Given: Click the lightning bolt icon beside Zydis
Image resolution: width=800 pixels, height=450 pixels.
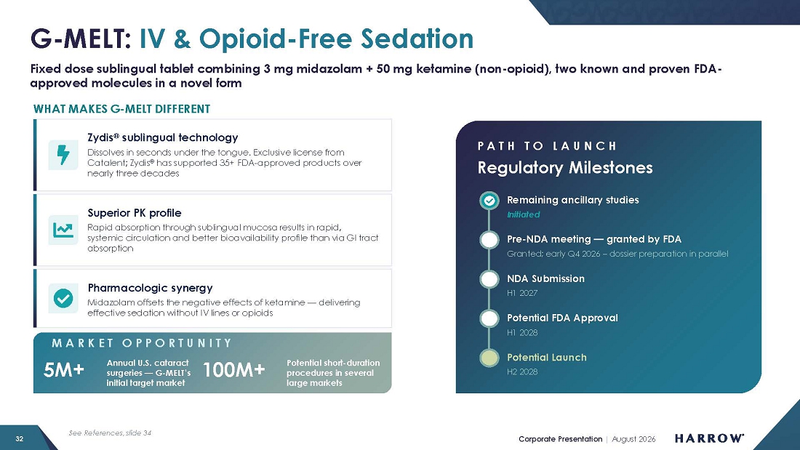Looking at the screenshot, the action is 63,155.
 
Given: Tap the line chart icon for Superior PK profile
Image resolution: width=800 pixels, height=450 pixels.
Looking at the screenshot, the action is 63,230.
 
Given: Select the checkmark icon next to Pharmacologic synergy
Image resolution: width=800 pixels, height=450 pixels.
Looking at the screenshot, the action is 63,298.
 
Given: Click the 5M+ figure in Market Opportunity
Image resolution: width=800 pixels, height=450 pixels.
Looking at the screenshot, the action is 64,370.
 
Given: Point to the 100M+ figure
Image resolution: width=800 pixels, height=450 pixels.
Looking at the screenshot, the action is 233,370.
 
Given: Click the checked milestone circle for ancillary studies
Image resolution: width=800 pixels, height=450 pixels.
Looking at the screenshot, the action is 489,201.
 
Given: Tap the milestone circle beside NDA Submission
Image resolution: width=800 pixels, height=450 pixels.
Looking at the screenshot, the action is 489,279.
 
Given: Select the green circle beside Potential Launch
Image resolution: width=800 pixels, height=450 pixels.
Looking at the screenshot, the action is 489,358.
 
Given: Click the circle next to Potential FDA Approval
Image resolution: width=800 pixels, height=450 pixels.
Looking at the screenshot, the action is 489,318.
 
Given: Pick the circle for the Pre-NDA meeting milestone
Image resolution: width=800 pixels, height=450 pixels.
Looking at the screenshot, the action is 489,240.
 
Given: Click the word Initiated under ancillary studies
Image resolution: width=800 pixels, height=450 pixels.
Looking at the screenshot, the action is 523,214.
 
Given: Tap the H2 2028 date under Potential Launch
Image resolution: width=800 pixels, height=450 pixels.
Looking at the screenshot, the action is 522,372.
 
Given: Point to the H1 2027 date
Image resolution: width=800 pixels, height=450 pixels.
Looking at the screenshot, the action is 522,294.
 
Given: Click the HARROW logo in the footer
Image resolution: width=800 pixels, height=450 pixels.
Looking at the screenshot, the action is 709,438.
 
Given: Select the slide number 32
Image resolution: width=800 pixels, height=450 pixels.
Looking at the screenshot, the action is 20,439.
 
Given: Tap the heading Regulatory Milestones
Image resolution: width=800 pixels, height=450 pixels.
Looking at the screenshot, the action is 565,167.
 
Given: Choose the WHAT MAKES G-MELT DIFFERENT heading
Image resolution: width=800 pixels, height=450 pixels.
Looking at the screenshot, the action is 121,109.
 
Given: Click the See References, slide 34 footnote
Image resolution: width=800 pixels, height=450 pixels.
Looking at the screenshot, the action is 110,433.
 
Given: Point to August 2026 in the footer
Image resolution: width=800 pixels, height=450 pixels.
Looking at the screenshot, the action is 633,439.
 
